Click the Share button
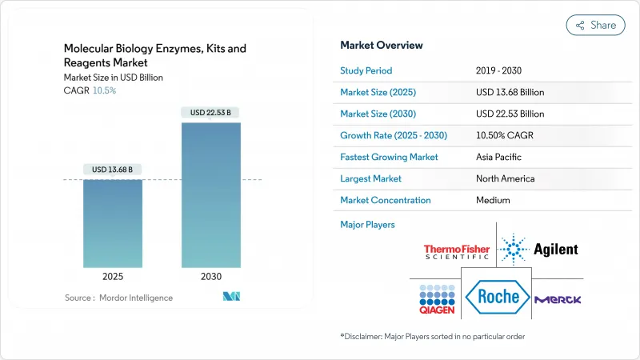pyautogui.click(x=595, y=25)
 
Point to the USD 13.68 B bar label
pyautogui.click(x=114, y=169)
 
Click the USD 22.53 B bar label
pyautogui.click(x=210, y=113)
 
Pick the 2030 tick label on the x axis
pyautogui.click(x=210, y=276)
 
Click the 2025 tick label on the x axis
pyautogui.click(x=114, y=276)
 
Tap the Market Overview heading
pyautogui.click(x=382, y=46)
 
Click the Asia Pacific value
pyautogui.click(x=501, y=157)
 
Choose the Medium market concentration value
pyautogui.click(x=494, y=200)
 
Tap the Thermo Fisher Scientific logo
pyautogui.click(x=457, y=251)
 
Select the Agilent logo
pyautogui.click(x=538, y=250)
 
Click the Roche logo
pyautogui.click(x=498, y=297)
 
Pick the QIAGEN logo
pyautogui.click(x=434, y=298)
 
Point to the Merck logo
pyautogui.click(x=558, y=298)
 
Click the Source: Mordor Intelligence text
pyautogui.click(x=118, y=298)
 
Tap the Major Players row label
pyautogui.click(x=368, y=225)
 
